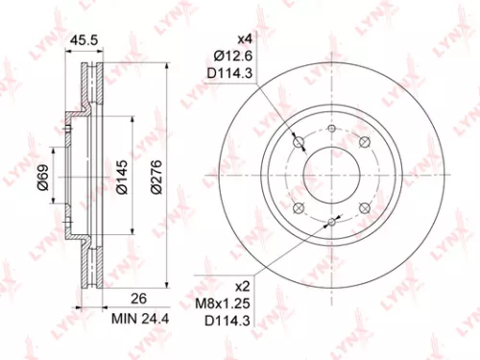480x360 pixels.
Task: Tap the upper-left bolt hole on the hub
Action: coord(300,145)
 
